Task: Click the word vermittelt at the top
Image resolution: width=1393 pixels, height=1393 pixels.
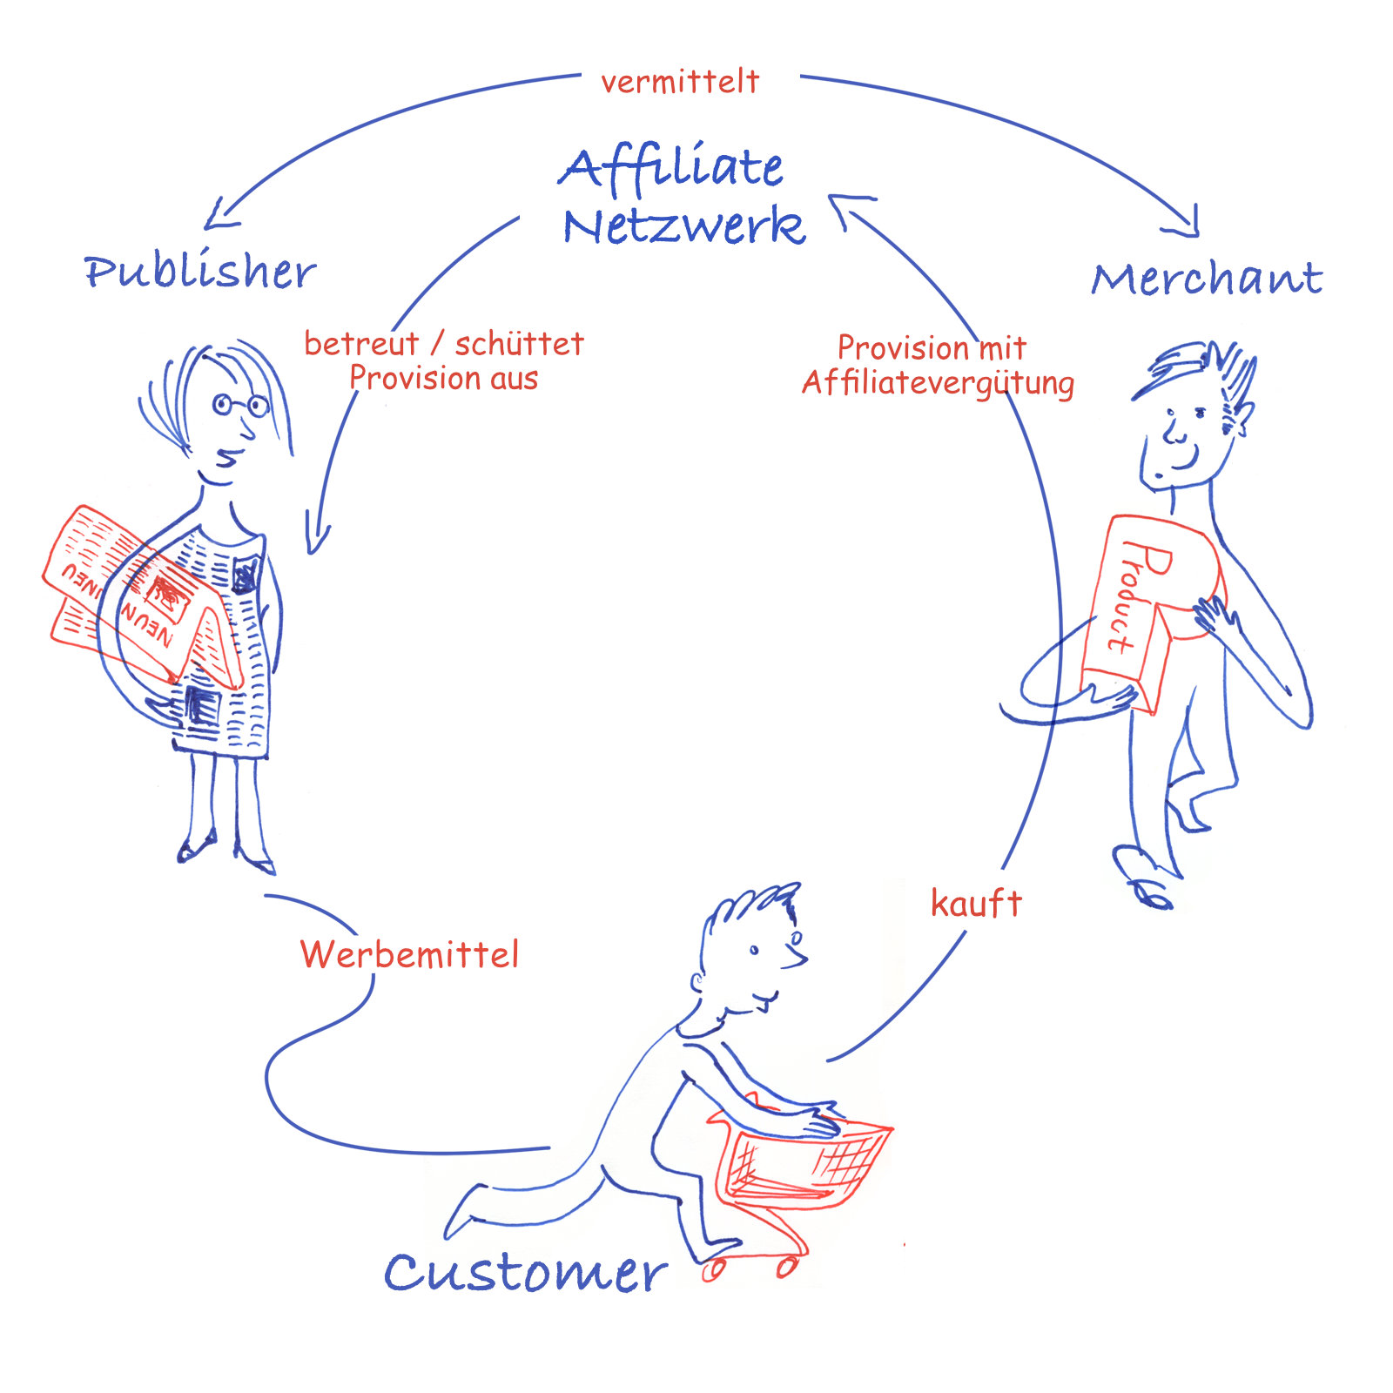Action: coord(680,82)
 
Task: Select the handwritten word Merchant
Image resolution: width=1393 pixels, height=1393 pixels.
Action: coord(1207,279)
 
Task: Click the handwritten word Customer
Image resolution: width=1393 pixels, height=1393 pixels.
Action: coord(525,1273)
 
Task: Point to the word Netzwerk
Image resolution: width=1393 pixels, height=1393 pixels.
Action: coord(683,226)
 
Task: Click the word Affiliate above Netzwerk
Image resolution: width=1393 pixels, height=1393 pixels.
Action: coord(670,168)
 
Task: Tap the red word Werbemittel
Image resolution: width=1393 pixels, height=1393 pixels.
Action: coord(409,955)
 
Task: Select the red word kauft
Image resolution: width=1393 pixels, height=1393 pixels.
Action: coord(976,904)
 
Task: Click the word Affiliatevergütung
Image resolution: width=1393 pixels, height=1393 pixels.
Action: coord(938,383)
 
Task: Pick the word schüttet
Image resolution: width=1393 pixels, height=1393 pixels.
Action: coord(520,345)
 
